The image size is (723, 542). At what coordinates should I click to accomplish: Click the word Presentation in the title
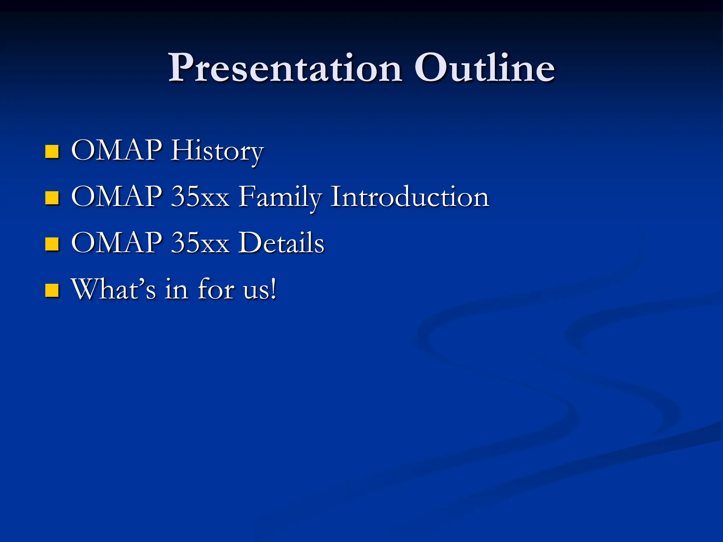tap(285, 68)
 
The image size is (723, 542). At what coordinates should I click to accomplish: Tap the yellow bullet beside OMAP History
tap(52, 151)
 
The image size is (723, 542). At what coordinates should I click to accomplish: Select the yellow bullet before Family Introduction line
tap(52, 198)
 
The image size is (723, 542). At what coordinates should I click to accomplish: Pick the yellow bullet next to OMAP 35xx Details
tap(52, 244)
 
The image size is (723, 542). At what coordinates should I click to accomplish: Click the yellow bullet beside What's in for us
tap(52, 290)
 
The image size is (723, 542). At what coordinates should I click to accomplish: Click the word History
tap(217, 151)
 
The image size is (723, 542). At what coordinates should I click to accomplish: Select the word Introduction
tap(410, 197)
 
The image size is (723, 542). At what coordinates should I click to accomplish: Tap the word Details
tap(281, 243)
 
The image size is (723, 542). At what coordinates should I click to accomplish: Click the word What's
tap(113, 289)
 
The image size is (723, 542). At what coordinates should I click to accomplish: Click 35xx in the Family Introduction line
tap(200, 197)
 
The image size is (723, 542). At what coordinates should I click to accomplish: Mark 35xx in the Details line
tap(200, 243)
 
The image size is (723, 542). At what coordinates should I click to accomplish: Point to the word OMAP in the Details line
tap(116, 243)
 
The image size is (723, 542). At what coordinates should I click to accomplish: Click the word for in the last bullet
tap(216, 289)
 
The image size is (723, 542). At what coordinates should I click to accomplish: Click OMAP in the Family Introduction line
tap(116, 197)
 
